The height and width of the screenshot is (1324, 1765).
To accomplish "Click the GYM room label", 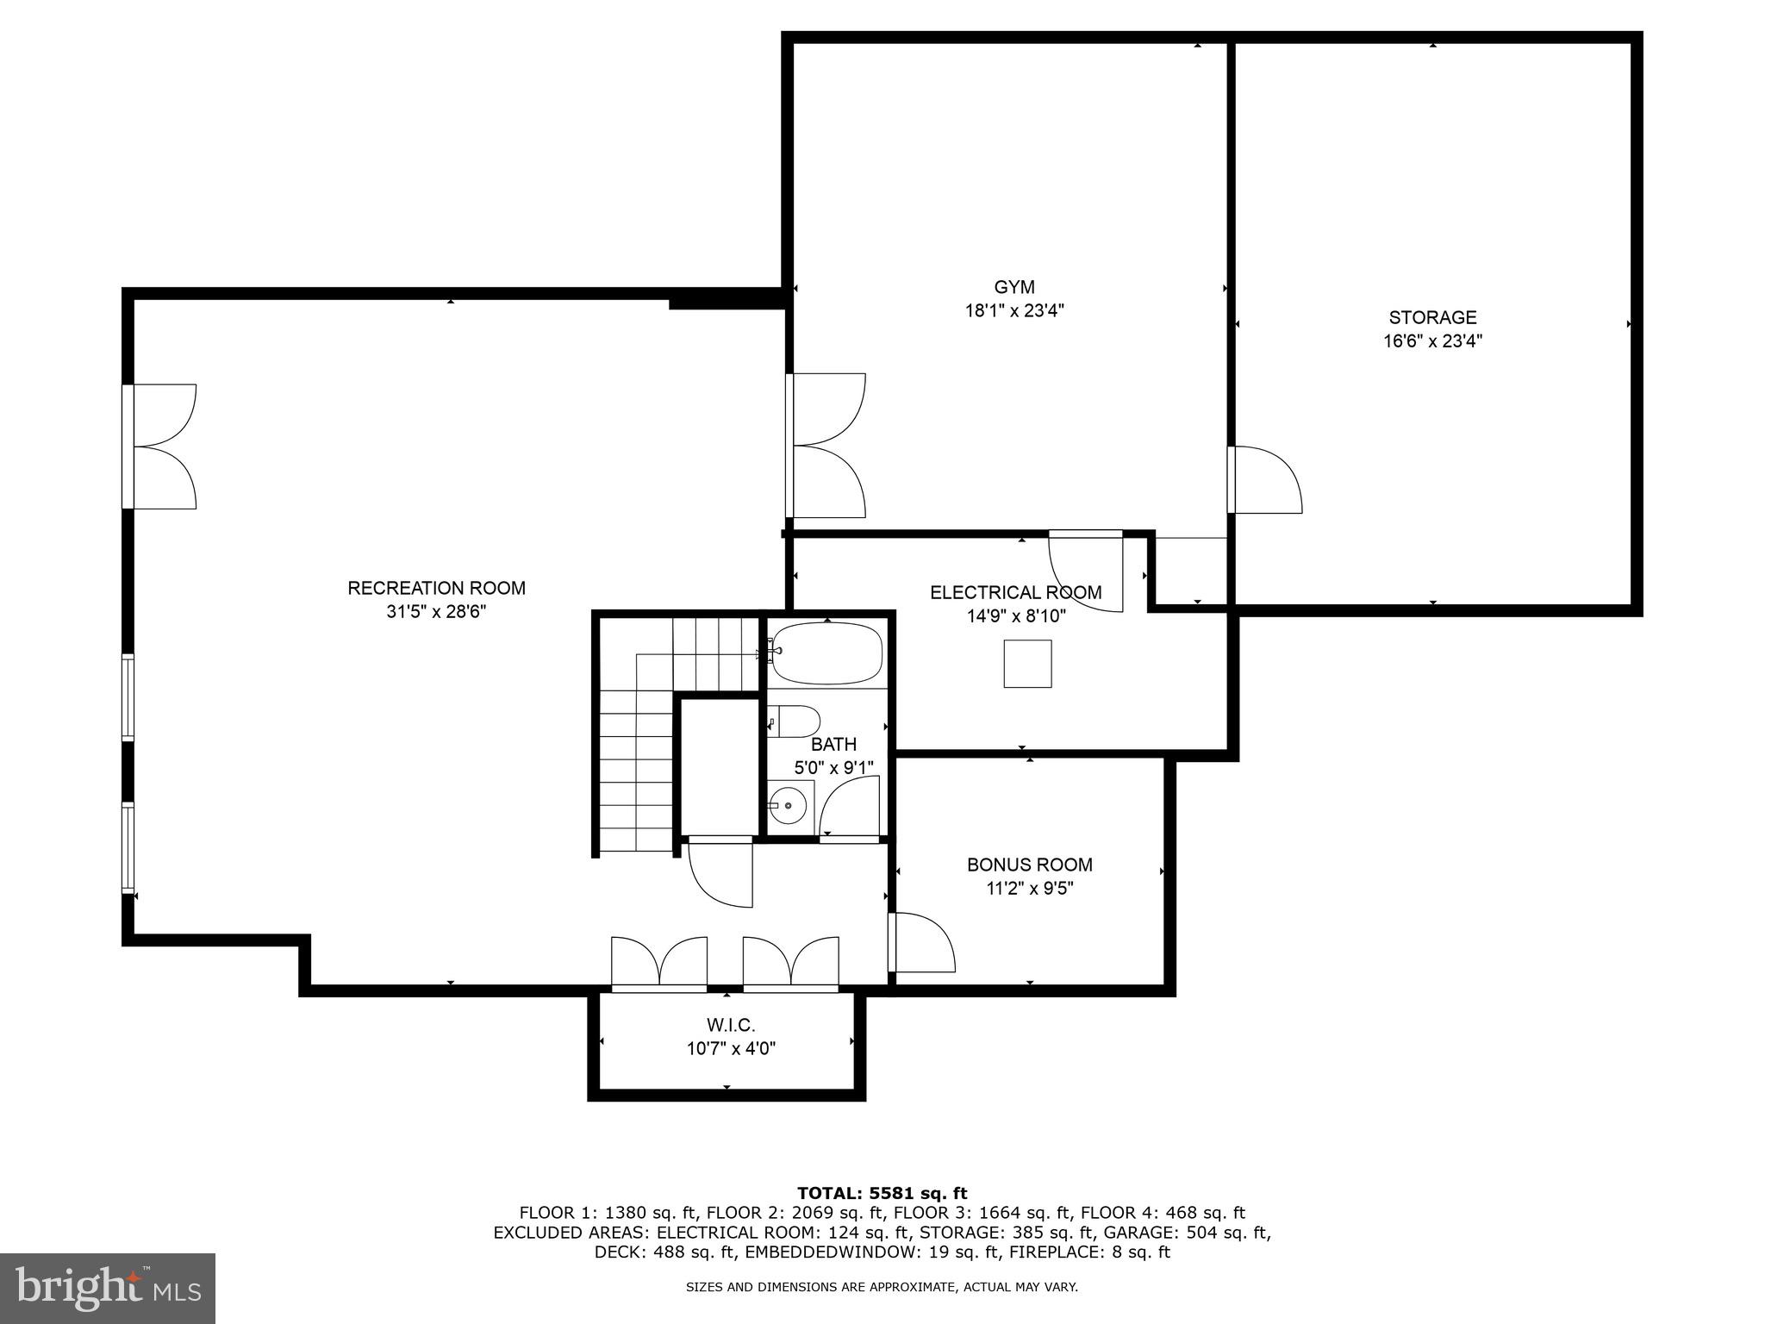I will click(x=1013, y=287).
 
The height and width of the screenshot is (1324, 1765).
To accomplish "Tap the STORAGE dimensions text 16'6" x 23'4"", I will click(x=1432, y=341).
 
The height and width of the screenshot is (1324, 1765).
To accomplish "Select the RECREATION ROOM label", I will click(x=436, y=588).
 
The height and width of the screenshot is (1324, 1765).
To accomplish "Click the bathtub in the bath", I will click(x=826, y=653).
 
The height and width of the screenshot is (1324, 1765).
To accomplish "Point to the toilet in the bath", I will click(x=795, y=721).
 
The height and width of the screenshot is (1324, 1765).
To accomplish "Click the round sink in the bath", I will click(x=788, y=806).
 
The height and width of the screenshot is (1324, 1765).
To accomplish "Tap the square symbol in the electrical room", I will click(x=1027, y=664).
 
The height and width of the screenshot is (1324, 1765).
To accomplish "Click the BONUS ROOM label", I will click(x=1029, y=865).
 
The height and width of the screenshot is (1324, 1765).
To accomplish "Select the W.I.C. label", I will click(x=731, y=1026).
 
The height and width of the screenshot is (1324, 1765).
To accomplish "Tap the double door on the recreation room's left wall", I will click(x=164, y=447).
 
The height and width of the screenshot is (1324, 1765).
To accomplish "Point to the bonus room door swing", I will click(x=924, y=943).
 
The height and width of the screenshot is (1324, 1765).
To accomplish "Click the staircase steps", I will click(x=636, y=759).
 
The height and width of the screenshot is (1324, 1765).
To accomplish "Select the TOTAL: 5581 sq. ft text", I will click(x=882, y=1193).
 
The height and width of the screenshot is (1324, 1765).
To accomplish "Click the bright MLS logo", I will click(x=108, y=1288).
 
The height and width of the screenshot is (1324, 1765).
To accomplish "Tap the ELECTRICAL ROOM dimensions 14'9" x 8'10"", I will click(x=1016, y=616).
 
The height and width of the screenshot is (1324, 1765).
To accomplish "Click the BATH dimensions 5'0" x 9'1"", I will click(x=833, y=767).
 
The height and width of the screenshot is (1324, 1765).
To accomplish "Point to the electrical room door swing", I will click(x=1086, y=573).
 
